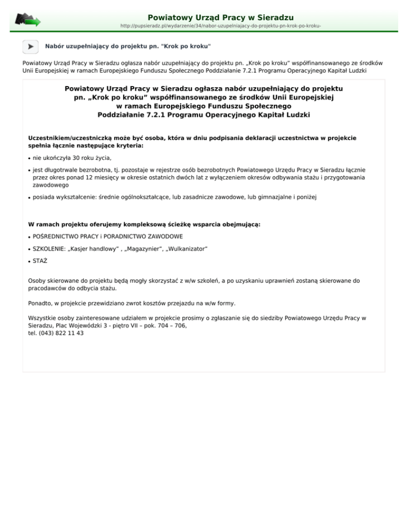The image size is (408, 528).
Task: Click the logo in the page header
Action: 28,21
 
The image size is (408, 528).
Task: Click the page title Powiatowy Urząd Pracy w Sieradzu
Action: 220,18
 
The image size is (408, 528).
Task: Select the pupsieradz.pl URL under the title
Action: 220,25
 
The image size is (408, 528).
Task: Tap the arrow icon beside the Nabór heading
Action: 30,47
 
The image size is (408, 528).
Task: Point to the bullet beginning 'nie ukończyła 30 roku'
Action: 72,158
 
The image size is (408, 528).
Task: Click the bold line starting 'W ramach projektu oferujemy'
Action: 144,225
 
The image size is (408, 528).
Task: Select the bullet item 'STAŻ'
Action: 40,261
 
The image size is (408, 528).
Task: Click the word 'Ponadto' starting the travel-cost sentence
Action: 40,303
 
